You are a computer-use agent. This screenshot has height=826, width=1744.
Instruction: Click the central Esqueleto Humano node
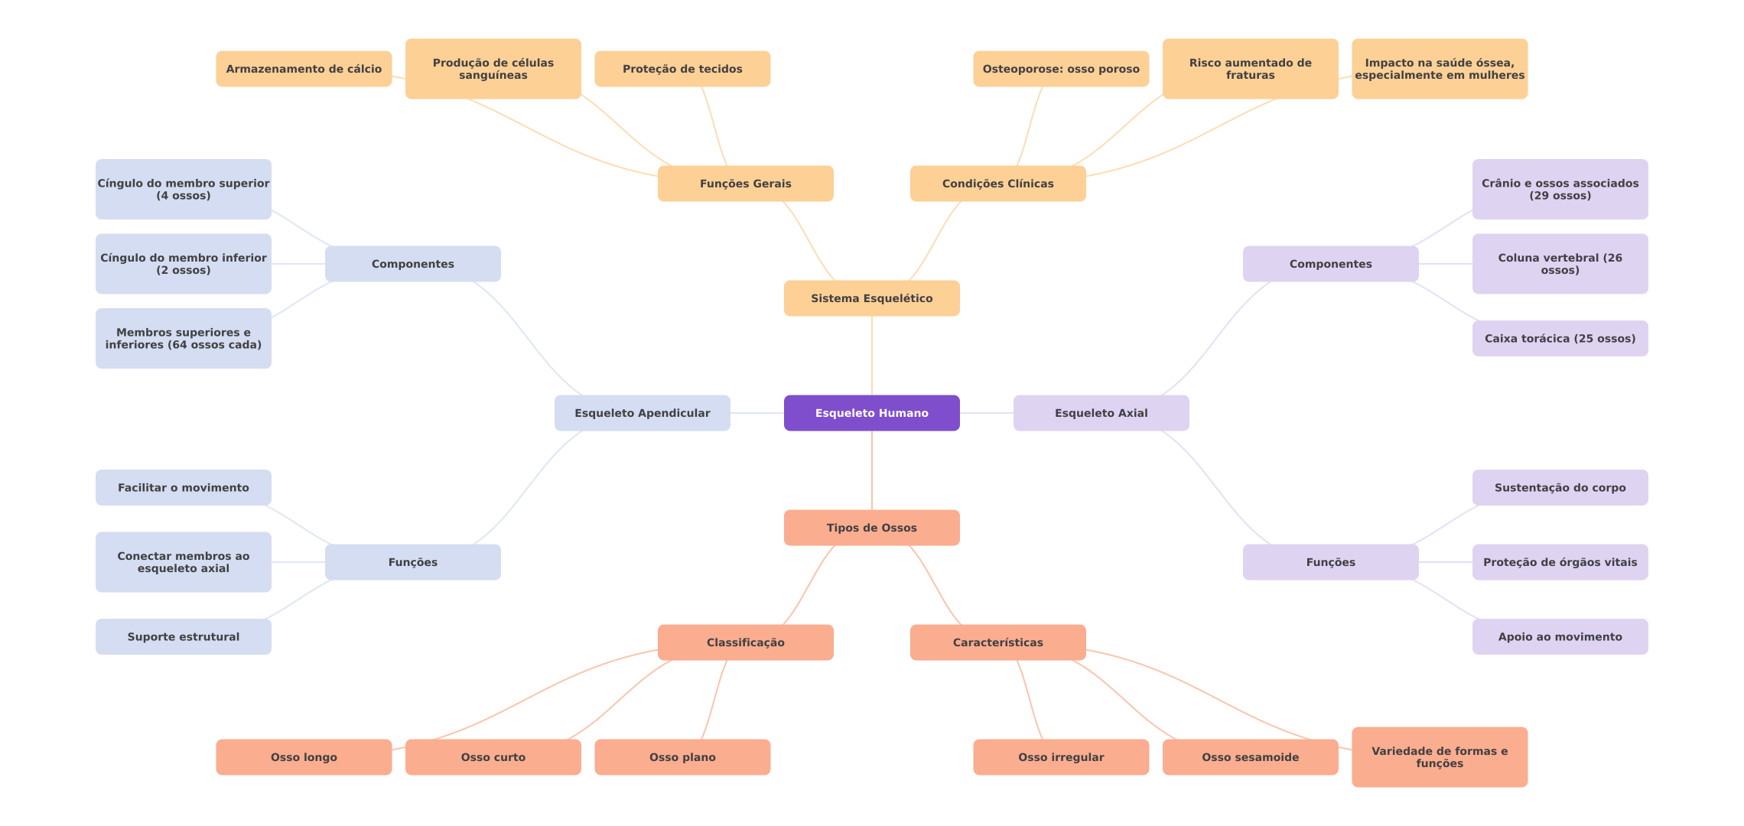click(x=871, y=413)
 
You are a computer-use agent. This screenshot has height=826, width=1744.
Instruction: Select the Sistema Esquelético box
click(x=871, y=298)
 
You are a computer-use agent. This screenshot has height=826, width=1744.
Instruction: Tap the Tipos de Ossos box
click(x=871, y=528)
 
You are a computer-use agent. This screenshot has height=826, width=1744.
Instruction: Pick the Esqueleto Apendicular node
click(x=642, y=413)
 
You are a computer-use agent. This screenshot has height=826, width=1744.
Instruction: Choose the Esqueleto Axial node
click(x=1101, y=413)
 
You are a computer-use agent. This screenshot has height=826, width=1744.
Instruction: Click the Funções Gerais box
click(x=745, y=184)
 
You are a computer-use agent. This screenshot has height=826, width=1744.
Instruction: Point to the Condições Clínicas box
click(x=997, y=184)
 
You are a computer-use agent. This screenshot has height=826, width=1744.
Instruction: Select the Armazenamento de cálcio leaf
click(x=304, y=69)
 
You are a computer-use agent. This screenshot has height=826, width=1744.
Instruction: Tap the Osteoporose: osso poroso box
click(x=1061, y=69)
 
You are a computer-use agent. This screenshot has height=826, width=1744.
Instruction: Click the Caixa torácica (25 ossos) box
click(x=1560, y=338)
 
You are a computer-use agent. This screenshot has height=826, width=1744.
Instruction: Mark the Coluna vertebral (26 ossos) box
click(x=1560, y=264)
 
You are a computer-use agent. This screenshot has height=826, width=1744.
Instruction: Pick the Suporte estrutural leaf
click(x=183, y=636)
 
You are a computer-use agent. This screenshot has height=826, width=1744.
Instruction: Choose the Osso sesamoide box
click(x=1250, y=757)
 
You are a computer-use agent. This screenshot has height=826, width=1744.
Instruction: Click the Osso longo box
click(x=304, y=757)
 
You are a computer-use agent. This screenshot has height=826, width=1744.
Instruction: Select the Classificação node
click(x=745, y=642)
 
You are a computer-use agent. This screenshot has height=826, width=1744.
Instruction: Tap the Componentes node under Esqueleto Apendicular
click(x=412, y=264)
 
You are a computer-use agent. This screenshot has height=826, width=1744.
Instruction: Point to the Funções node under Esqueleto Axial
click(x=1330, y=562)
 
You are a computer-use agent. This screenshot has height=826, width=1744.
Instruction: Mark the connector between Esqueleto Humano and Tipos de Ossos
click(x=872, y=470)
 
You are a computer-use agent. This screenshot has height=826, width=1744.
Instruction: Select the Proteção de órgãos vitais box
click(x=1560, y=562)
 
